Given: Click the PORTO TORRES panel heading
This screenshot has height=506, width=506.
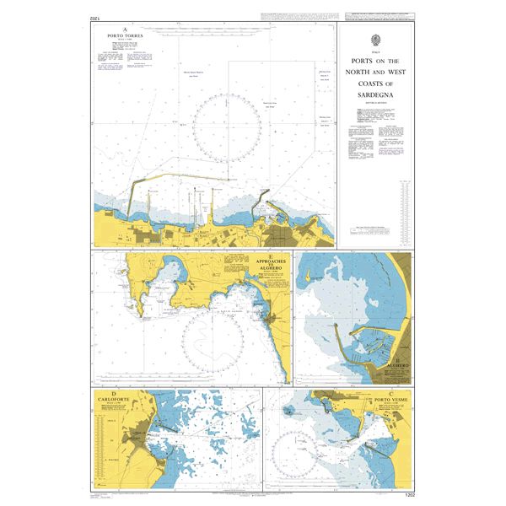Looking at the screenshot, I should (125, 36).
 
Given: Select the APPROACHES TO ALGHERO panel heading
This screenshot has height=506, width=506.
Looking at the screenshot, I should (270, 265).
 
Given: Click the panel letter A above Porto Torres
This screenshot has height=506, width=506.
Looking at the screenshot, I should (125, 30).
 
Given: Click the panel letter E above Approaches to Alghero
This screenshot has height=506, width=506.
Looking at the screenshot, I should (270, 256).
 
